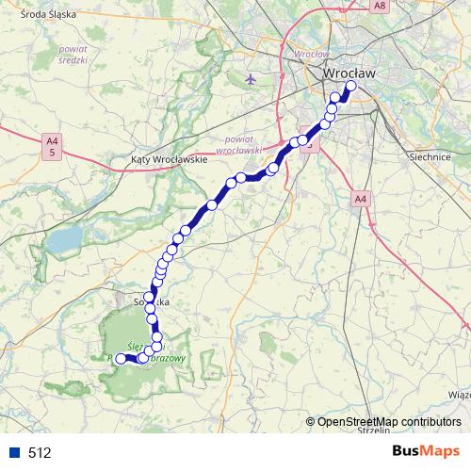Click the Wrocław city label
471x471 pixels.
[349, 73]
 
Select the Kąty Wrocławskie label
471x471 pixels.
[165, 161]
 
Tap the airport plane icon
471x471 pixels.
[251, 78]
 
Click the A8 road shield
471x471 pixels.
[380, 6]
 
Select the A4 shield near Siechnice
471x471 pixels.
[361, 200]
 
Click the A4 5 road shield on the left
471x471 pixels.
[52, 146]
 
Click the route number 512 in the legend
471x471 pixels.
[39, 452]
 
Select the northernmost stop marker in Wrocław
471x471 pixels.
[351, 87]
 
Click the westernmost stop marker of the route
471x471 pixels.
[121, 359]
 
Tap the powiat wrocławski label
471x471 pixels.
[238, 143]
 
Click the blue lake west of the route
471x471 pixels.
[65, 241]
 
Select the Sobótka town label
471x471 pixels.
[151, 302]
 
